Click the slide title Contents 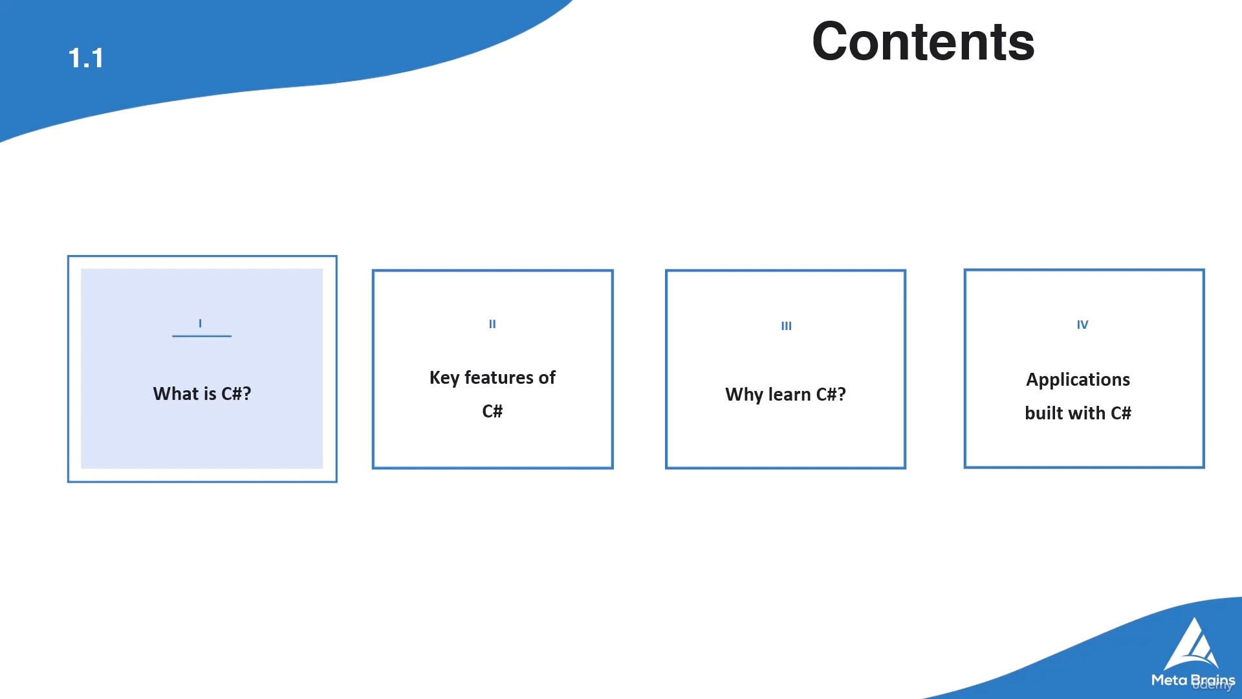923,41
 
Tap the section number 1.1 86,58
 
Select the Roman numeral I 201,323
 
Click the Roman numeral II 492,324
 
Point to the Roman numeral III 786,326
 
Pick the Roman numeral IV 1082,324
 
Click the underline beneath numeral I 202,336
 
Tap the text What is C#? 202,394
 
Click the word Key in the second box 444,377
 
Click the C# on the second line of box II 492,411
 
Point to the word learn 789,394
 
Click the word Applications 1078,379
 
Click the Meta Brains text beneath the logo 1193,680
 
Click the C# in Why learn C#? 831,394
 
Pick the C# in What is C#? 236,394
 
